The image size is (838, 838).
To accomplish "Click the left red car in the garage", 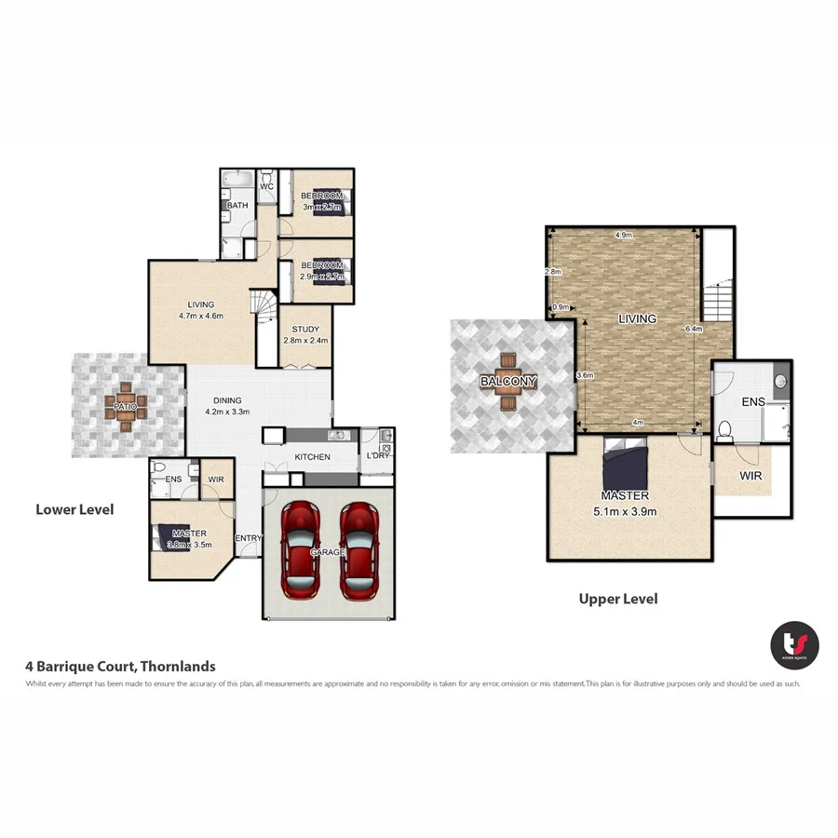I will [301, 551].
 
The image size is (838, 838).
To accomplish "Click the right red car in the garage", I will [358, 551].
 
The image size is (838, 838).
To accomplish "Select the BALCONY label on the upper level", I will [507, 382].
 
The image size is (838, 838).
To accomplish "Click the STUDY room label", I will [305, 329].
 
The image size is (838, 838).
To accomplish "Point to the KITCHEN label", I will [312, 457].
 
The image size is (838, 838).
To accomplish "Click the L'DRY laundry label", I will [376, 456].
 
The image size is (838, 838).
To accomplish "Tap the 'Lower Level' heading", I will [74, 509].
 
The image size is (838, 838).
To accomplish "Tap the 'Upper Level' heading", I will [618, 599].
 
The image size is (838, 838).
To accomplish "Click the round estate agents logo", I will [794, 644].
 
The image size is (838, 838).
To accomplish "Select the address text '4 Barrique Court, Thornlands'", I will [120, 666].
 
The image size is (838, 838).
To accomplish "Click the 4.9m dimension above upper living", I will [624, 236].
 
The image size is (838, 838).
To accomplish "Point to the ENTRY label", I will [249, 538].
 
